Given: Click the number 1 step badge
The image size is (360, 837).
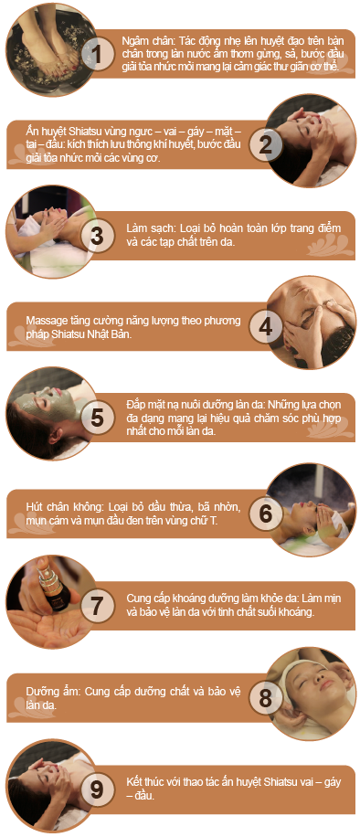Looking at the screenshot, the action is (x=97, y=55).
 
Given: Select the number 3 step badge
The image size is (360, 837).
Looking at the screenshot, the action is (x=97, y=236).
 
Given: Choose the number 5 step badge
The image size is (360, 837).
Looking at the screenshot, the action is (x=97, y=418).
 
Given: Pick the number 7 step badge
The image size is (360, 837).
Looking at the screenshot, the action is (x=97, y=605).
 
